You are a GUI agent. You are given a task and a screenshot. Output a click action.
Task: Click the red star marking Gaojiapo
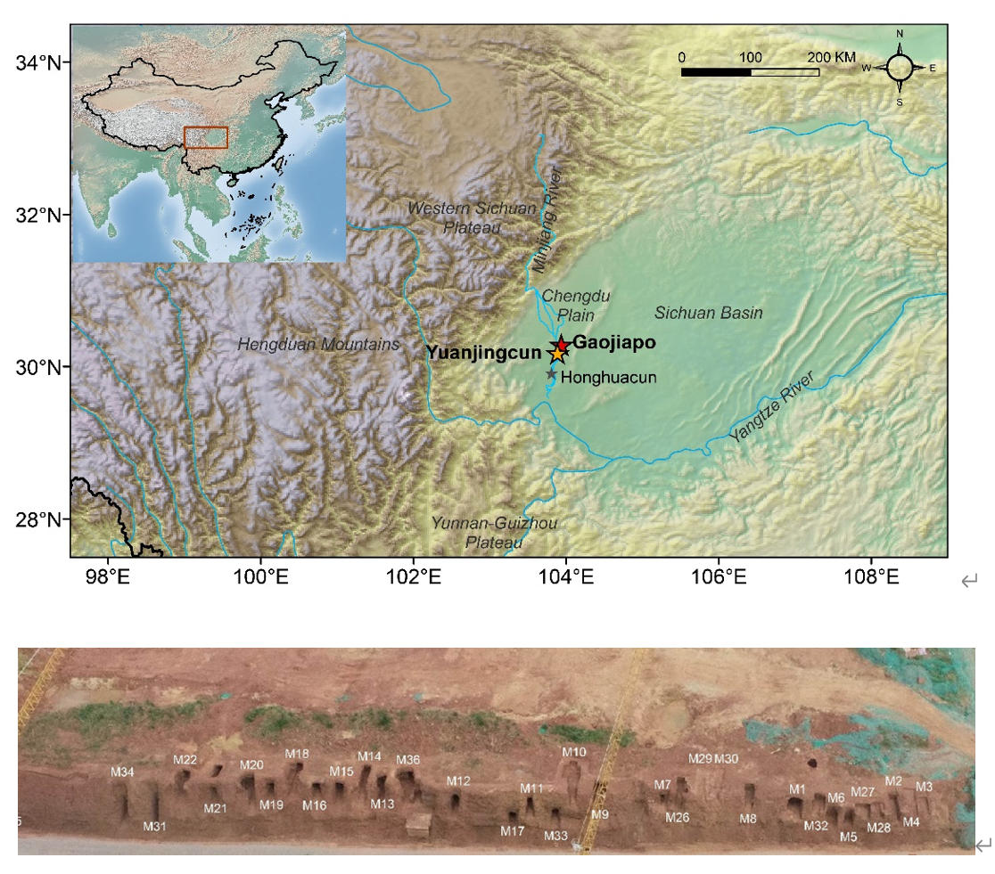click(x=561, y=345)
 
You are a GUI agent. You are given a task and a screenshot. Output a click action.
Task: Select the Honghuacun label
click(x=608, y=377)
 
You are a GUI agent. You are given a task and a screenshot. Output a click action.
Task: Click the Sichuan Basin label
click(x=708, y=313)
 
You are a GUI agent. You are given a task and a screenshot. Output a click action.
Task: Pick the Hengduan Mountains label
click(x=317, y=344)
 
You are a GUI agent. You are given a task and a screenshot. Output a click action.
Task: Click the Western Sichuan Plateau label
click(x=472, y=217)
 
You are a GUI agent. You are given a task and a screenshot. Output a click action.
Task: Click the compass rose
click(x=899, y=68)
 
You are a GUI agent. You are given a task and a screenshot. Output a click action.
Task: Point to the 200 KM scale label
click(x=831, y=57)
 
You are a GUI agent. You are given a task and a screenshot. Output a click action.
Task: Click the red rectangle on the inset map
click(x=206, y=137)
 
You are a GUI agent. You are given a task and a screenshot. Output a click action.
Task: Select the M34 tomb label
click(x=122, y=772)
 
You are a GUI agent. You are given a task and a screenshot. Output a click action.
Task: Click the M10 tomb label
click(x=574, y=752)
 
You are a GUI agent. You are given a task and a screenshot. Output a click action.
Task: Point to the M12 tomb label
click(x=458, y=781)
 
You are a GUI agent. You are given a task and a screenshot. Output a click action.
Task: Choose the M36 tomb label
click(x=407, y=759)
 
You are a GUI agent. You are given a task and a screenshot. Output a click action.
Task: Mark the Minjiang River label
click(x=547, y=219)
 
